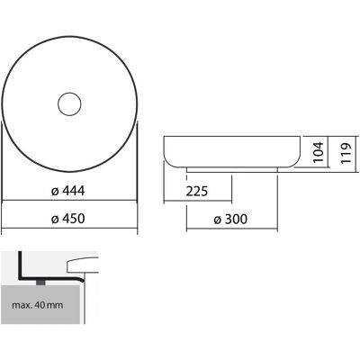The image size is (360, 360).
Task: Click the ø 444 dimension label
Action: (x=68, y=191)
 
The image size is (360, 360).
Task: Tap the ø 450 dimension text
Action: (x=68, y=219)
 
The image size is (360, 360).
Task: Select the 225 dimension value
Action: (x=197, y=191)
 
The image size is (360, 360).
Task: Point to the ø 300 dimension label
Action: (x=230, y=220)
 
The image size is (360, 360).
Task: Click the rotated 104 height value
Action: (x=319, y=152)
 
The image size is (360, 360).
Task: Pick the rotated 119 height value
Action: (x=346, y=153)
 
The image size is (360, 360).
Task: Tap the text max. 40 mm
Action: (x=38, y=305)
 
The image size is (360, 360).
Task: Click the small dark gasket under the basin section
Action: (x=40, y=283)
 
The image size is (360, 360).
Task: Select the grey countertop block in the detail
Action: (x=40, y=304)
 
